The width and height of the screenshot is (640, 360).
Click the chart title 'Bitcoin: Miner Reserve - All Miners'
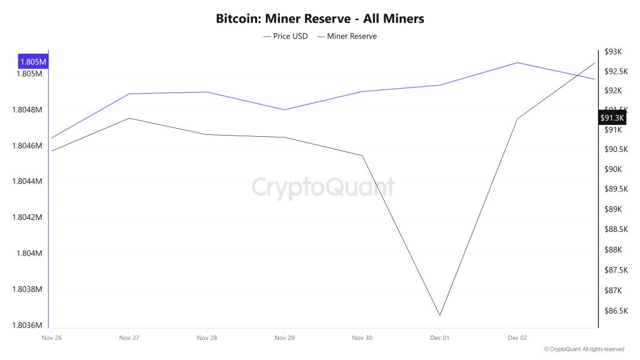click(x=320, y=19)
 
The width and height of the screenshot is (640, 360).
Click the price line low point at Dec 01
click(x=440, y=315)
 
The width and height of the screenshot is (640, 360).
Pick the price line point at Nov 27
click(x=129, y=118)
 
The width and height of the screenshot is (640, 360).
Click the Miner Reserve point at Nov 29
click(x=284, y=110)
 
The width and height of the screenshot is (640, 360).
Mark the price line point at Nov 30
click(x=362, y=156)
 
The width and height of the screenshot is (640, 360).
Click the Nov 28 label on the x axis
click(x=207, y=337)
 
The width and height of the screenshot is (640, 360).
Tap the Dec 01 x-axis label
click(x=440, y=337)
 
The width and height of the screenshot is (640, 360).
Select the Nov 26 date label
click(x=51, y=337)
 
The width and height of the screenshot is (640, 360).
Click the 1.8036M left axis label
click(x=26, y=326)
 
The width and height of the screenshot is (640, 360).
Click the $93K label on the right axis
click(x=612, y=52)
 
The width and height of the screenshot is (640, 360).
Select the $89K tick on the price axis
click(x=612, y=209)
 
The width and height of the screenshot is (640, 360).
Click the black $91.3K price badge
click(x=612, y=117)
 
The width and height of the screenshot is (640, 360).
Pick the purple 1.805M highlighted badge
click(x=33, y=62)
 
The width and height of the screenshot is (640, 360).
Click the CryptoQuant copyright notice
click(x=584, y=349)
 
